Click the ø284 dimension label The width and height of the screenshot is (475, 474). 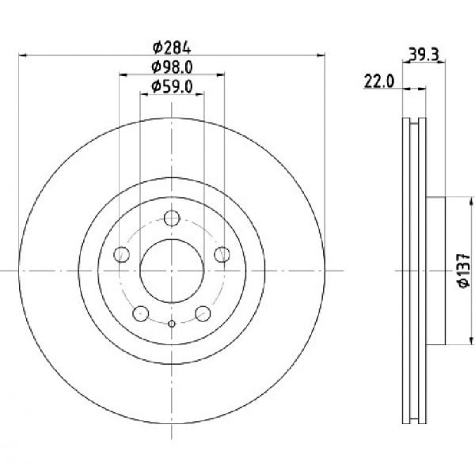pyautogui.click(x=172, y=47)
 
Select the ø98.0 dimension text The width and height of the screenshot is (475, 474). pyautogui.click(x=172, y=67)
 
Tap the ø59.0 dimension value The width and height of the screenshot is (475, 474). pyautogui.click(x=172, y=87)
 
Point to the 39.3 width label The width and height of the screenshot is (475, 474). pyautogui.click(x=424, y=55)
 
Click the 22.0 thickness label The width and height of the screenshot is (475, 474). pyautogui.click(x=378, y=82)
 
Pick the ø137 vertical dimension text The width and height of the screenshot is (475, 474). pyautogui.click(x=465, y=271)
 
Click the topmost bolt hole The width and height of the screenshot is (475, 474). pyautogui.click(x=172, y=218)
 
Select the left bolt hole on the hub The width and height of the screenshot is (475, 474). pyautogui.click(x=121, y=255)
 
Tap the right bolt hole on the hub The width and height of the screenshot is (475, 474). pyautogui.click(x=222, y=255)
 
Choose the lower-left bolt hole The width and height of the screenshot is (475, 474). pyautogui.click(x=141, y=314)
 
